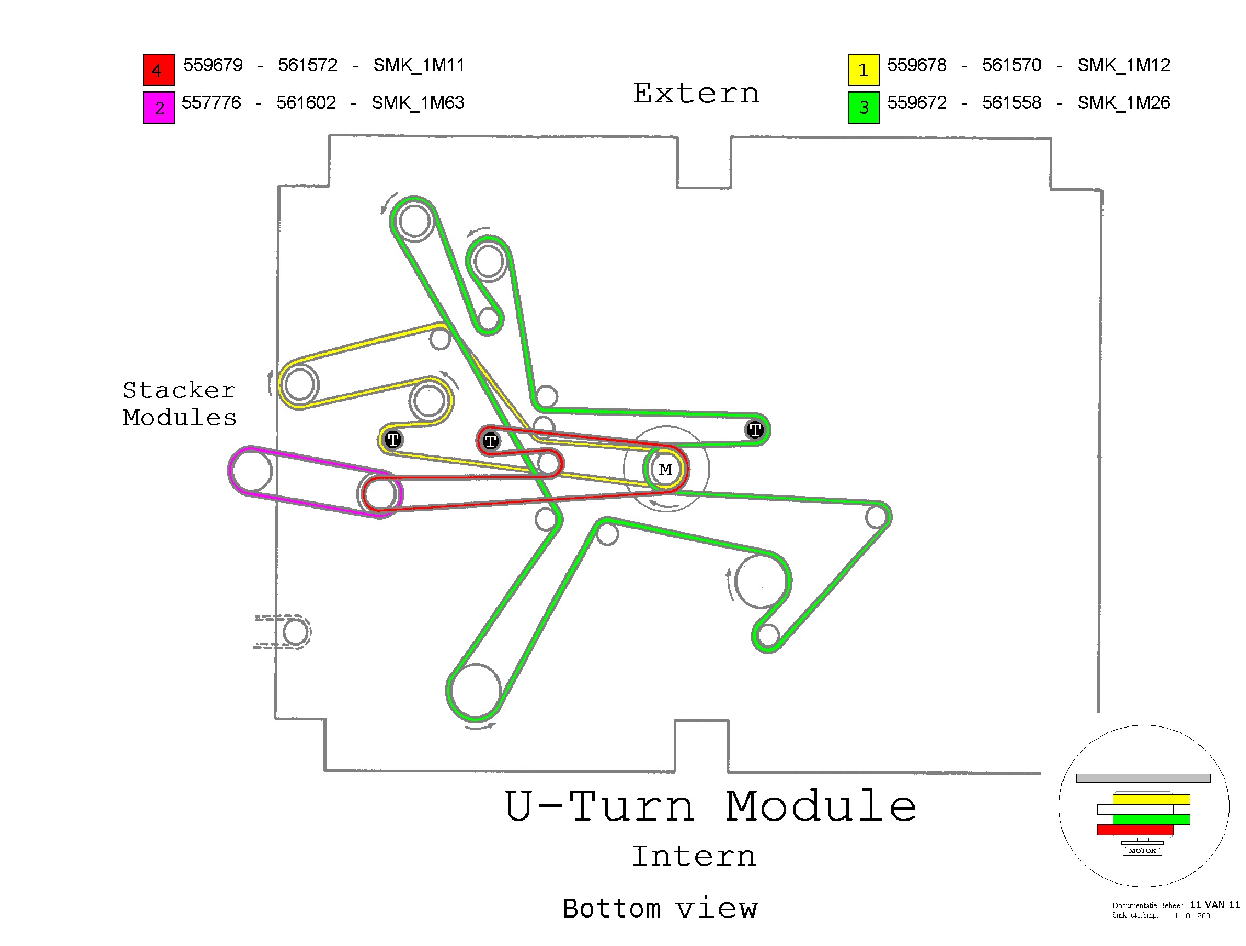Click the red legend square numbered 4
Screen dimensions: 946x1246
158,70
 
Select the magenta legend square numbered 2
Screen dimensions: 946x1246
158,107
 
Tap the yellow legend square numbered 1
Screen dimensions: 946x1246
863,70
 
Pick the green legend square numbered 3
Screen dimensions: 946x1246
863,107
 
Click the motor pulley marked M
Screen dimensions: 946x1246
665,469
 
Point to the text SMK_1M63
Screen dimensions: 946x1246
418,103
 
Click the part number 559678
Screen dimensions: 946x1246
916,65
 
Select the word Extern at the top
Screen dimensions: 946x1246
696,94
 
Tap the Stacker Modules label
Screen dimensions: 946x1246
179,403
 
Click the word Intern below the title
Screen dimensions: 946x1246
694,856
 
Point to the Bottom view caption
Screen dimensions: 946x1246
660,908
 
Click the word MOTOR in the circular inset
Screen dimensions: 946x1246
1142,850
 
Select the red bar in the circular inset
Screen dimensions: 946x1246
1134,829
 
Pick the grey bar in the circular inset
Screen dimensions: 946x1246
1143,777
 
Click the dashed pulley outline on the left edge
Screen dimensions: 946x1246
294,631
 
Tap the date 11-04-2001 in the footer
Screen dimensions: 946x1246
1193,915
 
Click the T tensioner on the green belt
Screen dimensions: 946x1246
755,430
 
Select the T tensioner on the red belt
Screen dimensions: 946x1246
490,440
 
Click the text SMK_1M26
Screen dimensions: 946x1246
1123,103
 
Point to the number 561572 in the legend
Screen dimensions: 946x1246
307,65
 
